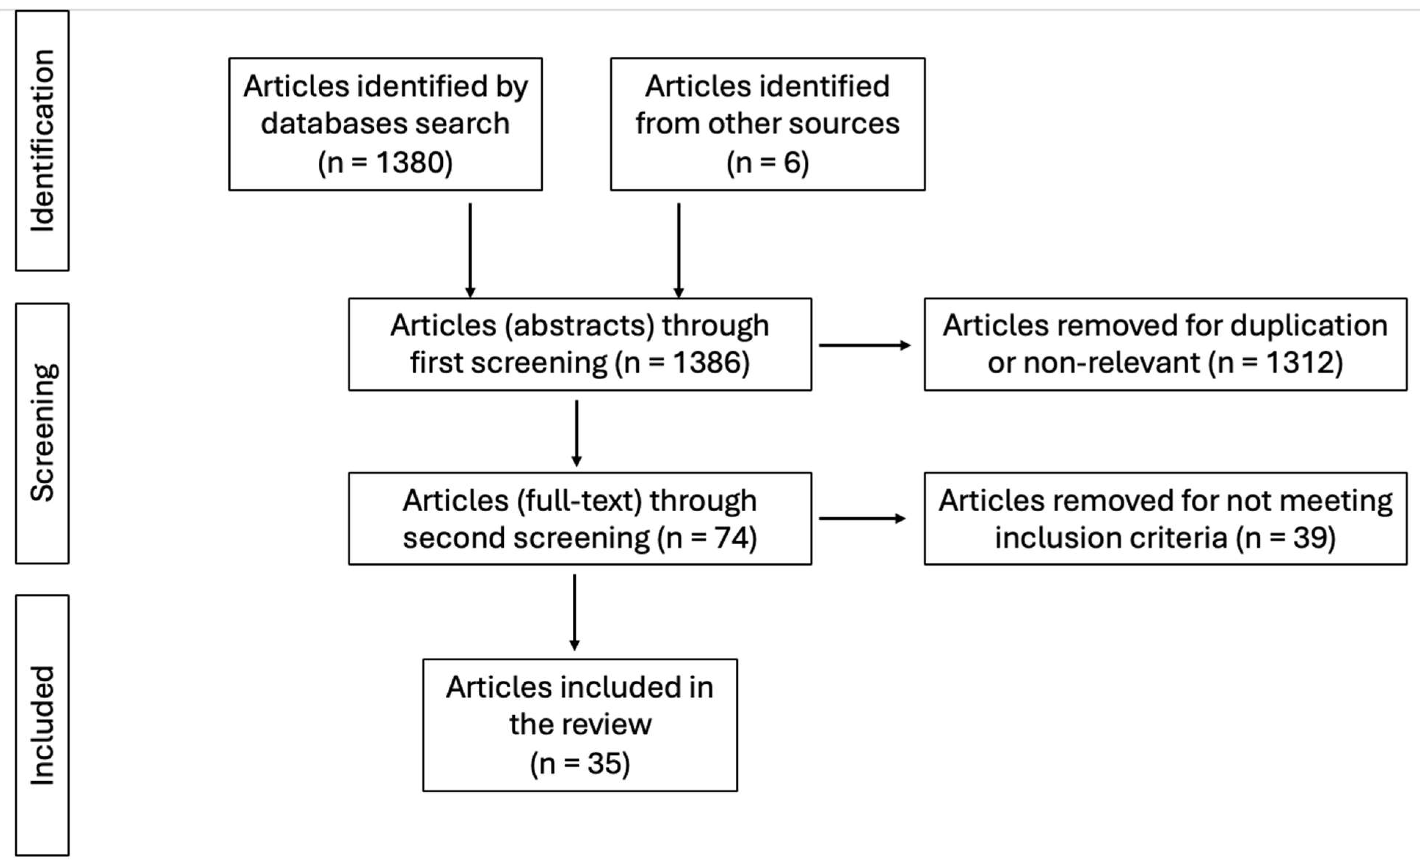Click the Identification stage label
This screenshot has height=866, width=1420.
[42, 140]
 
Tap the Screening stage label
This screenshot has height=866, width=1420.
[42, 433]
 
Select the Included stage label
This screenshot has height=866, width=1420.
[42, 726]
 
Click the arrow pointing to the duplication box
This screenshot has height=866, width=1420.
[865, 346]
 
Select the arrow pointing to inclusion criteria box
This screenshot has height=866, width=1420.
[862, 519]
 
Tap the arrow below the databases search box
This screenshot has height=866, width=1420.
[470, 251]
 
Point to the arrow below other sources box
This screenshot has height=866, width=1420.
[678, 251]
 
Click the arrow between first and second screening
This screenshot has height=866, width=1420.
[576, 433]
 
